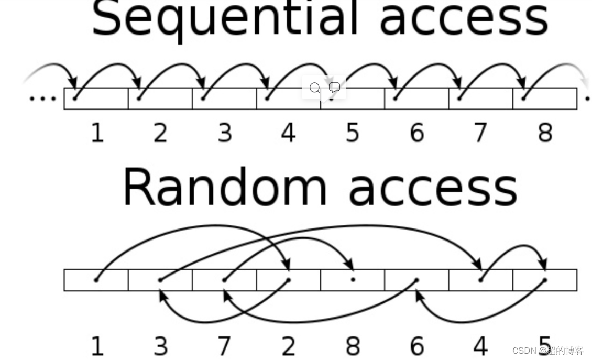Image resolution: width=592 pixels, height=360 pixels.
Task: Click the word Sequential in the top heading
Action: click(x=225, y=18)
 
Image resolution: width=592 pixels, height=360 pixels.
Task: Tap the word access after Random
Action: click(x=433, y=189)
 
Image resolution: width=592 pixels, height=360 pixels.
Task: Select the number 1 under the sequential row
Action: click(x=97, y=133)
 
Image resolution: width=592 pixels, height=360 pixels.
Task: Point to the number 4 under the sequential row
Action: click(x=288, y=133)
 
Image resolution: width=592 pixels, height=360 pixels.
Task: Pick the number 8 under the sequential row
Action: click(x=545, y=133)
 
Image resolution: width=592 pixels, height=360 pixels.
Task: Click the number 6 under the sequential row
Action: click(x=416, y=133)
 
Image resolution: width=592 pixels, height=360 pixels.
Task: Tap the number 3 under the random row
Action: click(x=161, y=346)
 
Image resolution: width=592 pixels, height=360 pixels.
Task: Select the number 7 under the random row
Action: click(x=224, y=346)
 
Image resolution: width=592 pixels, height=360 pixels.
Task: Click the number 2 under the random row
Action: click(x=288, y=346)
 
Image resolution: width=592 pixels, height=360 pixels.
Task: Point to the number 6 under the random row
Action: click(x=416, y=346)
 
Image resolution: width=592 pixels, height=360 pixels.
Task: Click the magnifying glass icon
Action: click(x=314, y=88)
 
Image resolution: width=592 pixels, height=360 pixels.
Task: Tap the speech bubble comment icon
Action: click(x=334, y=88)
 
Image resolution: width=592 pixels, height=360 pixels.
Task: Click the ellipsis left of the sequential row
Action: click(x=42, y=98)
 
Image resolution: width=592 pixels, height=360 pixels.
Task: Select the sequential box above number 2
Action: click(x=160, y=99)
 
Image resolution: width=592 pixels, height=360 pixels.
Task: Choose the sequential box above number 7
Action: click(x=480, y=99)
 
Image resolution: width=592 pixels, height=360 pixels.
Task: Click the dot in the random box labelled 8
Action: click(x=353, y=280)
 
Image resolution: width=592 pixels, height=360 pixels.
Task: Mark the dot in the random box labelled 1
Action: click(x=96, y=280)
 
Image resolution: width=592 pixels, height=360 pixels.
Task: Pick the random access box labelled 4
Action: click(x=480, y=280)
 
